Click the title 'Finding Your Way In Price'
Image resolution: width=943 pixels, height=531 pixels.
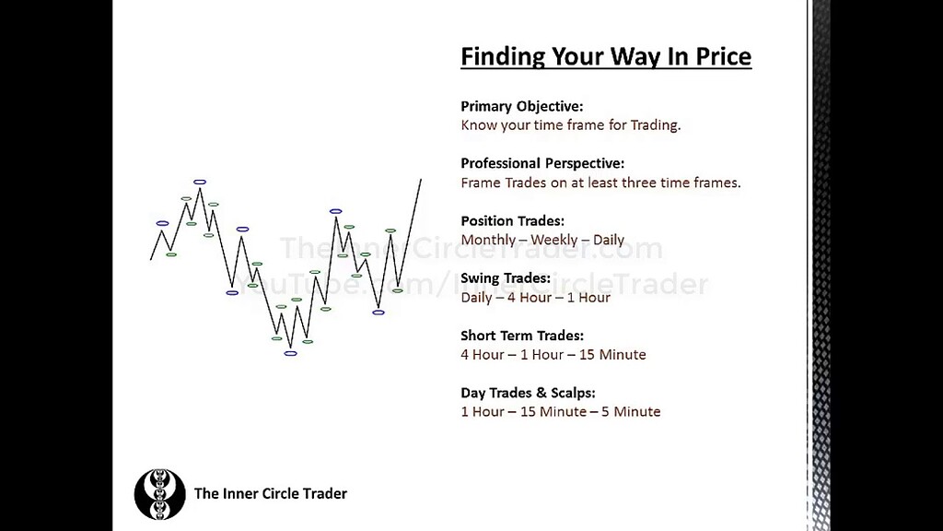[606, 57]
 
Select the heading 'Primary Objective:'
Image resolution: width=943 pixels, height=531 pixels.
[521, 106]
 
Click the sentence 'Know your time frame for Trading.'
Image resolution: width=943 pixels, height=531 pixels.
[570, 125]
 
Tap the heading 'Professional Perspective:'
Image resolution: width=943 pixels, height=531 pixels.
[541, 163]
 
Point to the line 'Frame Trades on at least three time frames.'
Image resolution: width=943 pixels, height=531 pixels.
[600, 183]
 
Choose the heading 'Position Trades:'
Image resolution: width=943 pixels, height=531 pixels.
[512, 220]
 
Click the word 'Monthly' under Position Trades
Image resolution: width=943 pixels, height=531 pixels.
[487, 240]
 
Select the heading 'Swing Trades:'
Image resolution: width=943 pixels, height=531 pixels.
[506, 277]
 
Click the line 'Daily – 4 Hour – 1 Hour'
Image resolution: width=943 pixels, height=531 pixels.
[535, 297]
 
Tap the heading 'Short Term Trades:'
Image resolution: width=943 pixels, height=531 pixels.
[521, 336]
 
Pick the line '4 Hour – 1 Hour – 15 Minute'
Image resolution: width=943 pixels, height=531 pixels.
[553, 355]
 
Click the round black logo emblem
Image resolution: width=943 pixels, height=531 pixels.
[159, 494]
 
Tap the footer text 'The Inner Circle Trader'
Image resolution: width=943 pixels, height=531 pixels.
[270, 494]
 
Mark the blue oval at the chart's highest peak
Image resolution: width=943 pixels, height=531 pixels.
[200, 182]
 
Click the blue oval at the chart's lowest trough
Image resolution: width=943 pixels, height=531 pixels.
[291, 353]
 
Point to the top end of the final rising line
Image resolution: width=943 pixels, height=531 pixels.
[421, 180]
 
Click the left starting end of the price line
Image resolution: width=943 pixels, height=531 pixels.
[151, 259]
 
